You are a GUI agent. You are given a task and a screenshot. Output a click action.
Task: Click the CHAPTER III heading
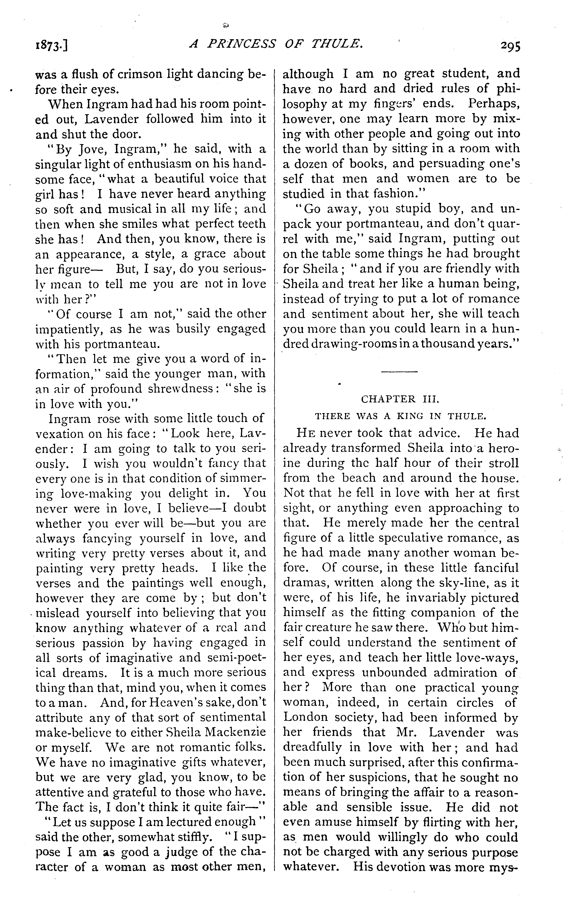tap(400, 399)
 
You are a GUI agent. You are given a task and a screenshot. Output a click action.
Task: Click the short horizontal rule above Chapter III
tap(400, 372)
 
